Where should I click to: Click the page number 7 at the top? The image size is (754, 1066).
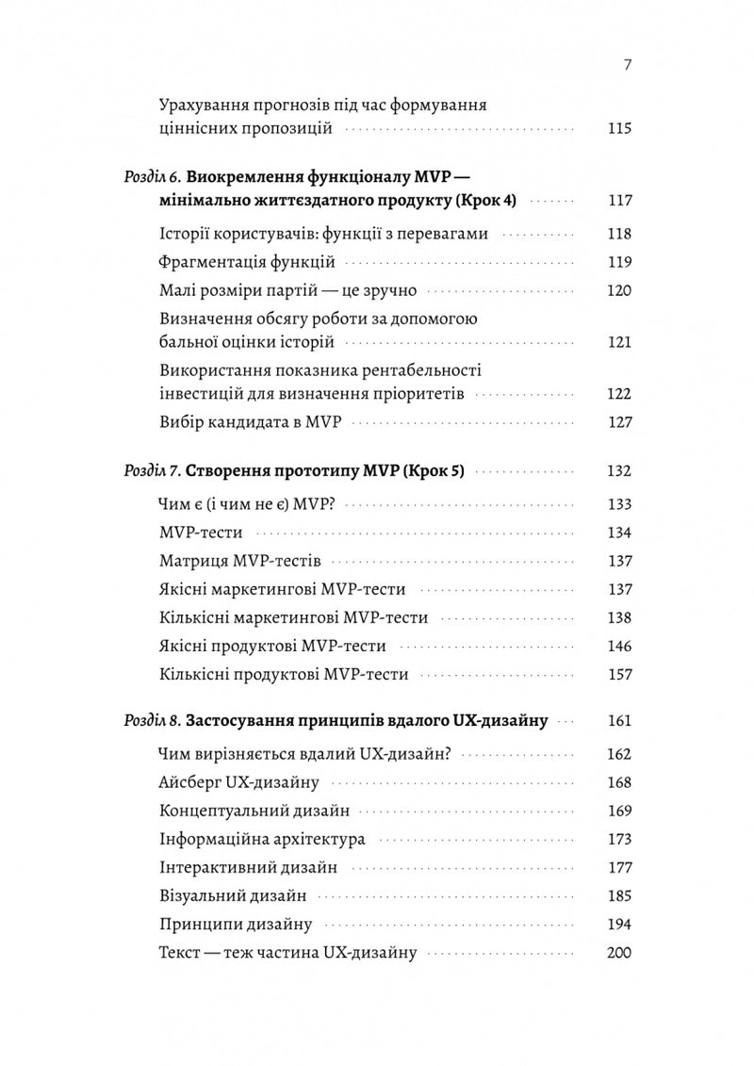tap(627, 65)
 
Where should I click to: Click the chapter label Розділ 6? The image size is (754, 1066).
tap(152, 176)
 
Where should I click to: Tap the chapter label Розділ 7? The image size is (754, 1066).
tap(152, 470)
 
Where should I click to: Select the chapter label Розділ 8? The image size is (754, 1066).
tap(152, 722)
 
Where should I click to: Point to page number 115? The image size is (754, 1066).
tap(618, 129)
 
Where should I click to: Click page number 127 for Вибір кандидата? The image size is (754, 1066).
tap(619, 422)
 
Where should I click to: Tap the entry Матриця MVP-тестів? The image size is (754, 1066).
tap(241, 562)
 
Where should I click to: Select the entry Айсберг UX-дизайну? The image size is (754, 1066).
tap(239, 781)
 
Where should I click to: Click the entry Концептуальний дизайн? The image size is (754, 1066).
tap(255, 810)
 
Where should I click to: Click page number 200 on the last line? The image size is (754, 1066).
tap(618, 953)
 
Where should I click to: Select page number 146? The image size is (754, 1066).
tap(619, 647)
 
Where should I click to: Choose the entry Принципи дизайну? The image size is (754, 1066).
tap(236, 925)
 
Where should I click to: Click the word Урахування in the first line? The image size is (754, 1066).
tap(205, 104)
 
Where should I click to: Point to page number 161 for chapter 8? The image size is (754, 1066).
tap(619, 722)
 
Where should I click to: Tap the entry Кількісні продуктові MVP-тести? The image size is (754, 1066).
tap(284, 675)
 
